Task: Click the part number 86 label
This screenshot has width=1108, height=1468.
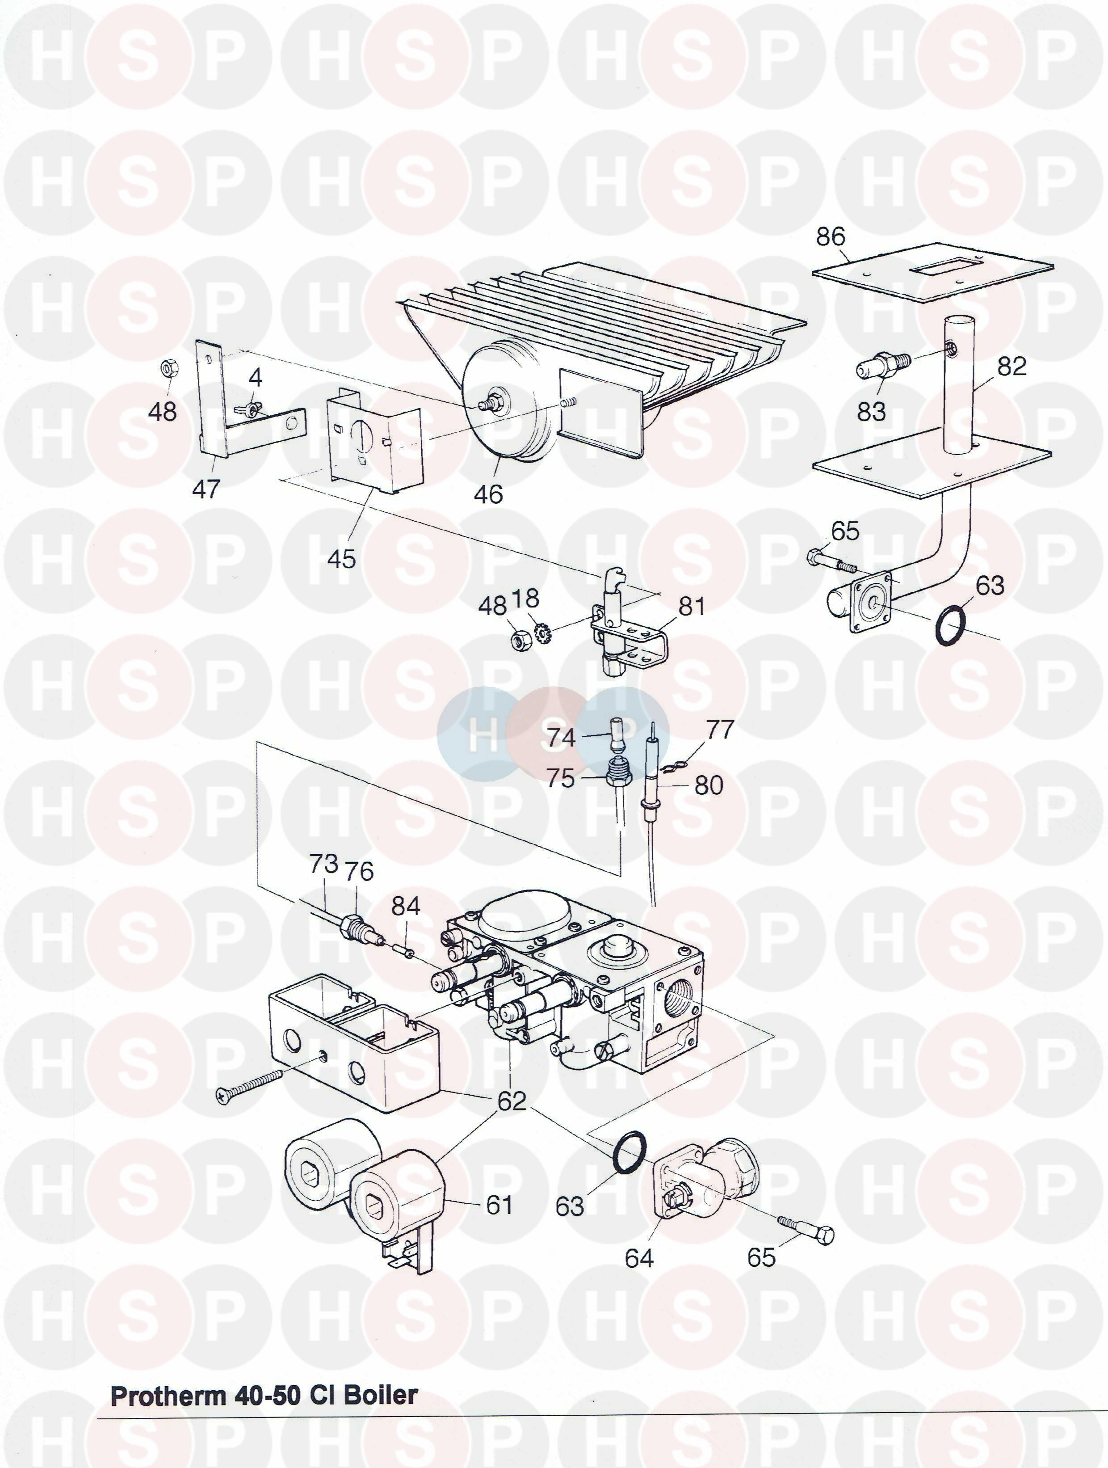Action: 831,236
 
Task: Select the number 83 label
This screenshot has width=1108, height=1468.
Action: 871,411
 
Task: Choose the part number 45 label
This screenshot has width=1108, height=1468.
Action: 341,559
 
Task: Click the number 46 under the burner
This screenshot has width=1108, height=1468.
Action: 488,494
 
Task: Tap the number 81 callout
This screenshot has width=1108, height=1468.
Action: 691,606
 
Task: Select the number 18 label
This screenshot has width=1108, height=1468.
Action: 525,599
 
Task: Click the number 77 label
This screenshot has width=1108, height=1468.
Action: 720,730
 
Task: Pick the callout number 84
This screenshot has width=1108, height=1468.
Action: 405,905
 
